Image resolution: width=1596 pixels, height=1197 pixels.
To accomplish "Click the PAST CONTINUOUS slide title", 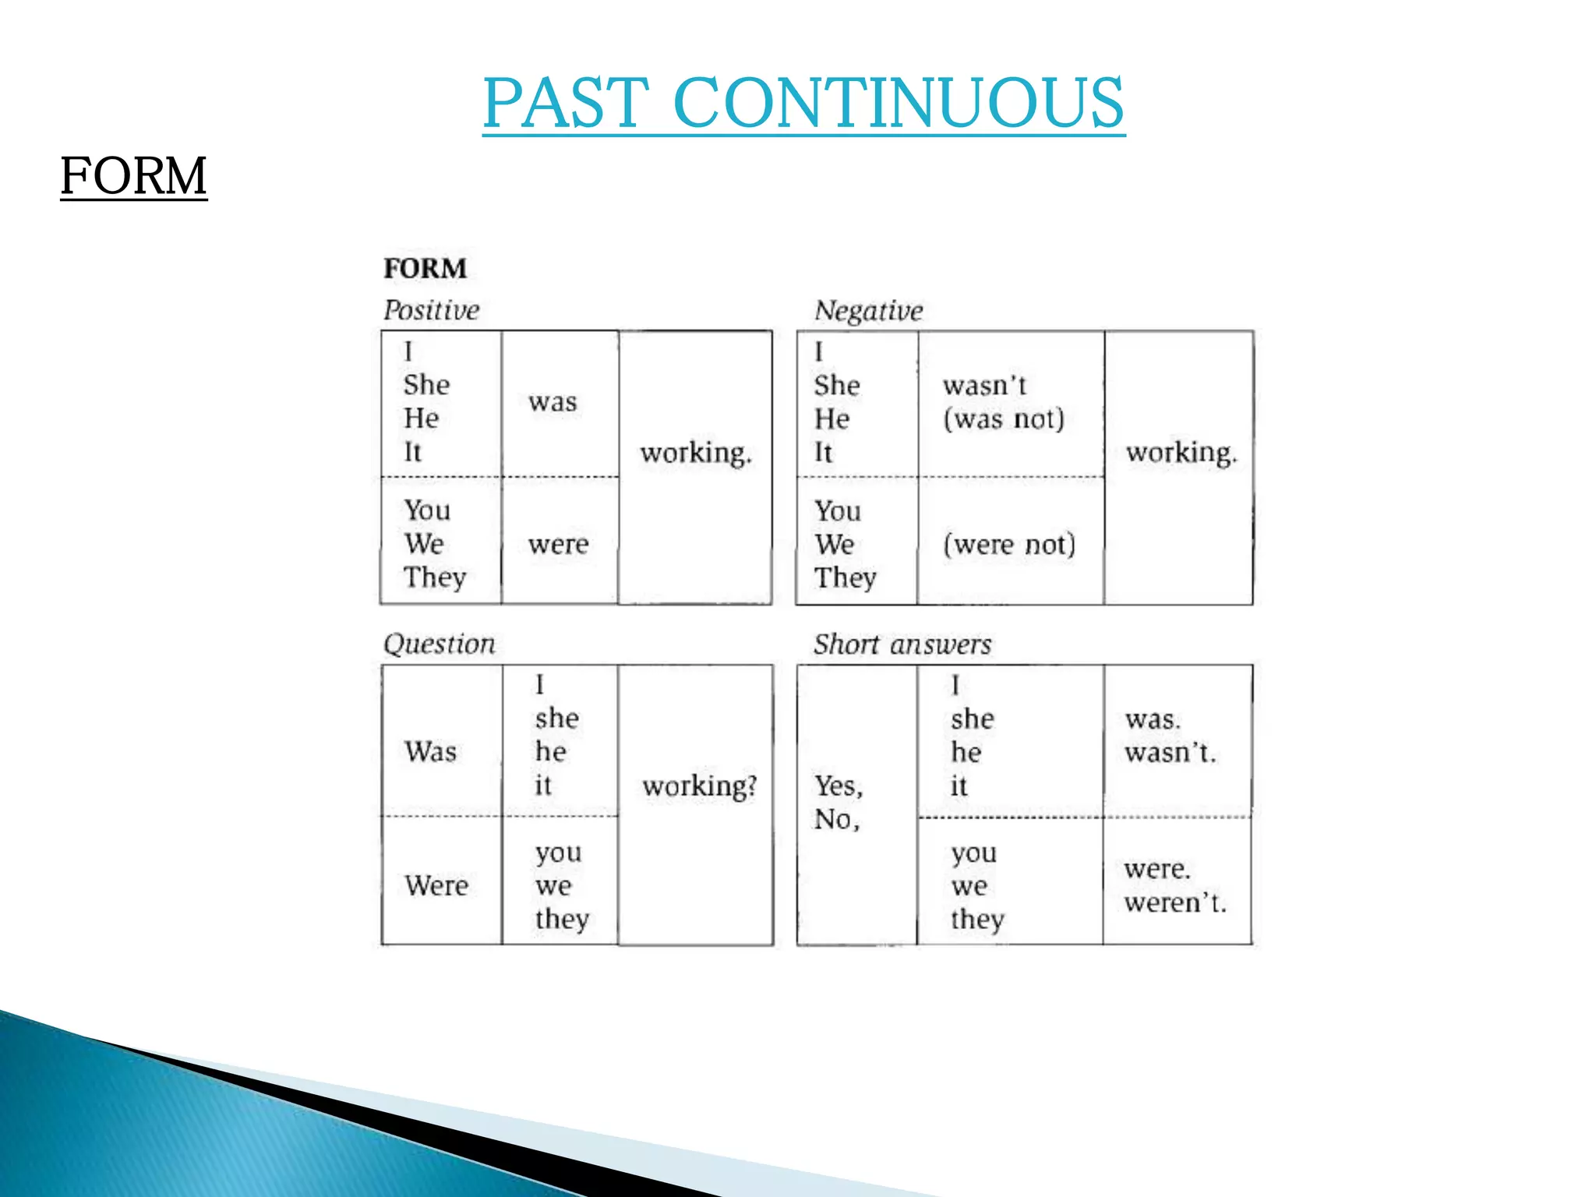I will pyautogui.click(x=803, y=103).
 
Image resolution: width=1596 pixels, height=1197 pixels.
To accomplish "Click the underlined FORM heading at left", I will pyautogui.click(x=133, y=175).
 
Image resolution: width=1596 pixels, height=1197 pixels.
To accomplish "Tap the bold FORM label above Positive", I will pyautogui.click(x=425, y=269).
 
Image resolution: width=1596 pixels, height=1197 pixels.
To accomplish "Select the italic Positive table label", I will pyautogui.click(x=431, y=310).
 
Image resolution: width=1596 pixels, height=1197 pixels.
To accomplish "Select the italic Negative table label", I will pyautogui.click(x=868, y=311).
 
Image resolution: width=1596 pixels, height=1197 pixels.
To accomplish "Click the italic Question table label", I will pyautogui.click(x=439, y=644).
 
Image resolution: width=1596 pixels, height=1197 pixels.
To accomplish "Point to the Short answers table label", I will pyautogui.click(x=902, y=644).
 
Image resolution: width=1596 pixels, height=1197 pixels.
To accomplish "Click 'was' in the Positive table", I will pyautogui.click(x=553, y=402).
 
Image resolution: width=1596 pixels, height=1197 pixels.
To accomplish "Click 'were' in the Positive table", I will pyautogui.click(x=558, y=544).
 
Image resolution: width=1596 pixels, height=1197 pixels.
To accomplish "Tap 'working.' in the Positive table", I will pyautogui.click(x=696, y=453).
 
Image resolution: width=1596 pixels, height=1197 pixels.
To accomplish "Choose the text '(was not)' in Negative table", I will pyautogui.click(x=1003, y=419).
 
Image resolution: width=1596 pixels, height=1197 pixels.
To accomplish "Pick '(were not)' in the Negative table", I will pyautogui.click(x=1009, y=544).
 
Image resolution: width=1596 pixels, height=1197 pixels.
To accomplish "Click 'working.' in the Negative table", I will pyautogui.click(x=1181, y=452).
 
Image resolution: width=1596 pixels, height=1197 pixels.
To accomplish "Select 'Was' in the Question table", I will pyautogui.click(x=430, y=752).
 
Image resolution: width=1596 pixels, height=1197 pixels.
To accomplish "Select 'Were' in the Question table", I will pyautogui.click(x=436, y=886).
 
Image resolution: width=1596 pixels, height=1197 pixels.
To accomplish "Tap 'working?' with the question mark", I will pyautogui.click(x=699, y=786).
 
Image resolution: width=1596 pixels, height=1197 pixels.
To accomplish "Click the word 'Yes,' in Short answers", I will pyautogui.click(x=839, y=786).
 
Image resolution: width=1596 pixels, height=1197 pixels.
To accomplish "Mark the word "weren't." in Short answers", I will pyautogui.click(x=1175, y=903).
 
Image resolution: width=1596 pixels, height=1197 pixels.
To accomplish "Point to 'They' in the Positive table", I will pyautogui.click(x=435, y=577).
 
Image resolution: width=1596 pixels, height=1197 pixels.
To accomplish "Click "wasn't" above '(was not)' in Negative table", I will pyautogui.click(x=984, y=386).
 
